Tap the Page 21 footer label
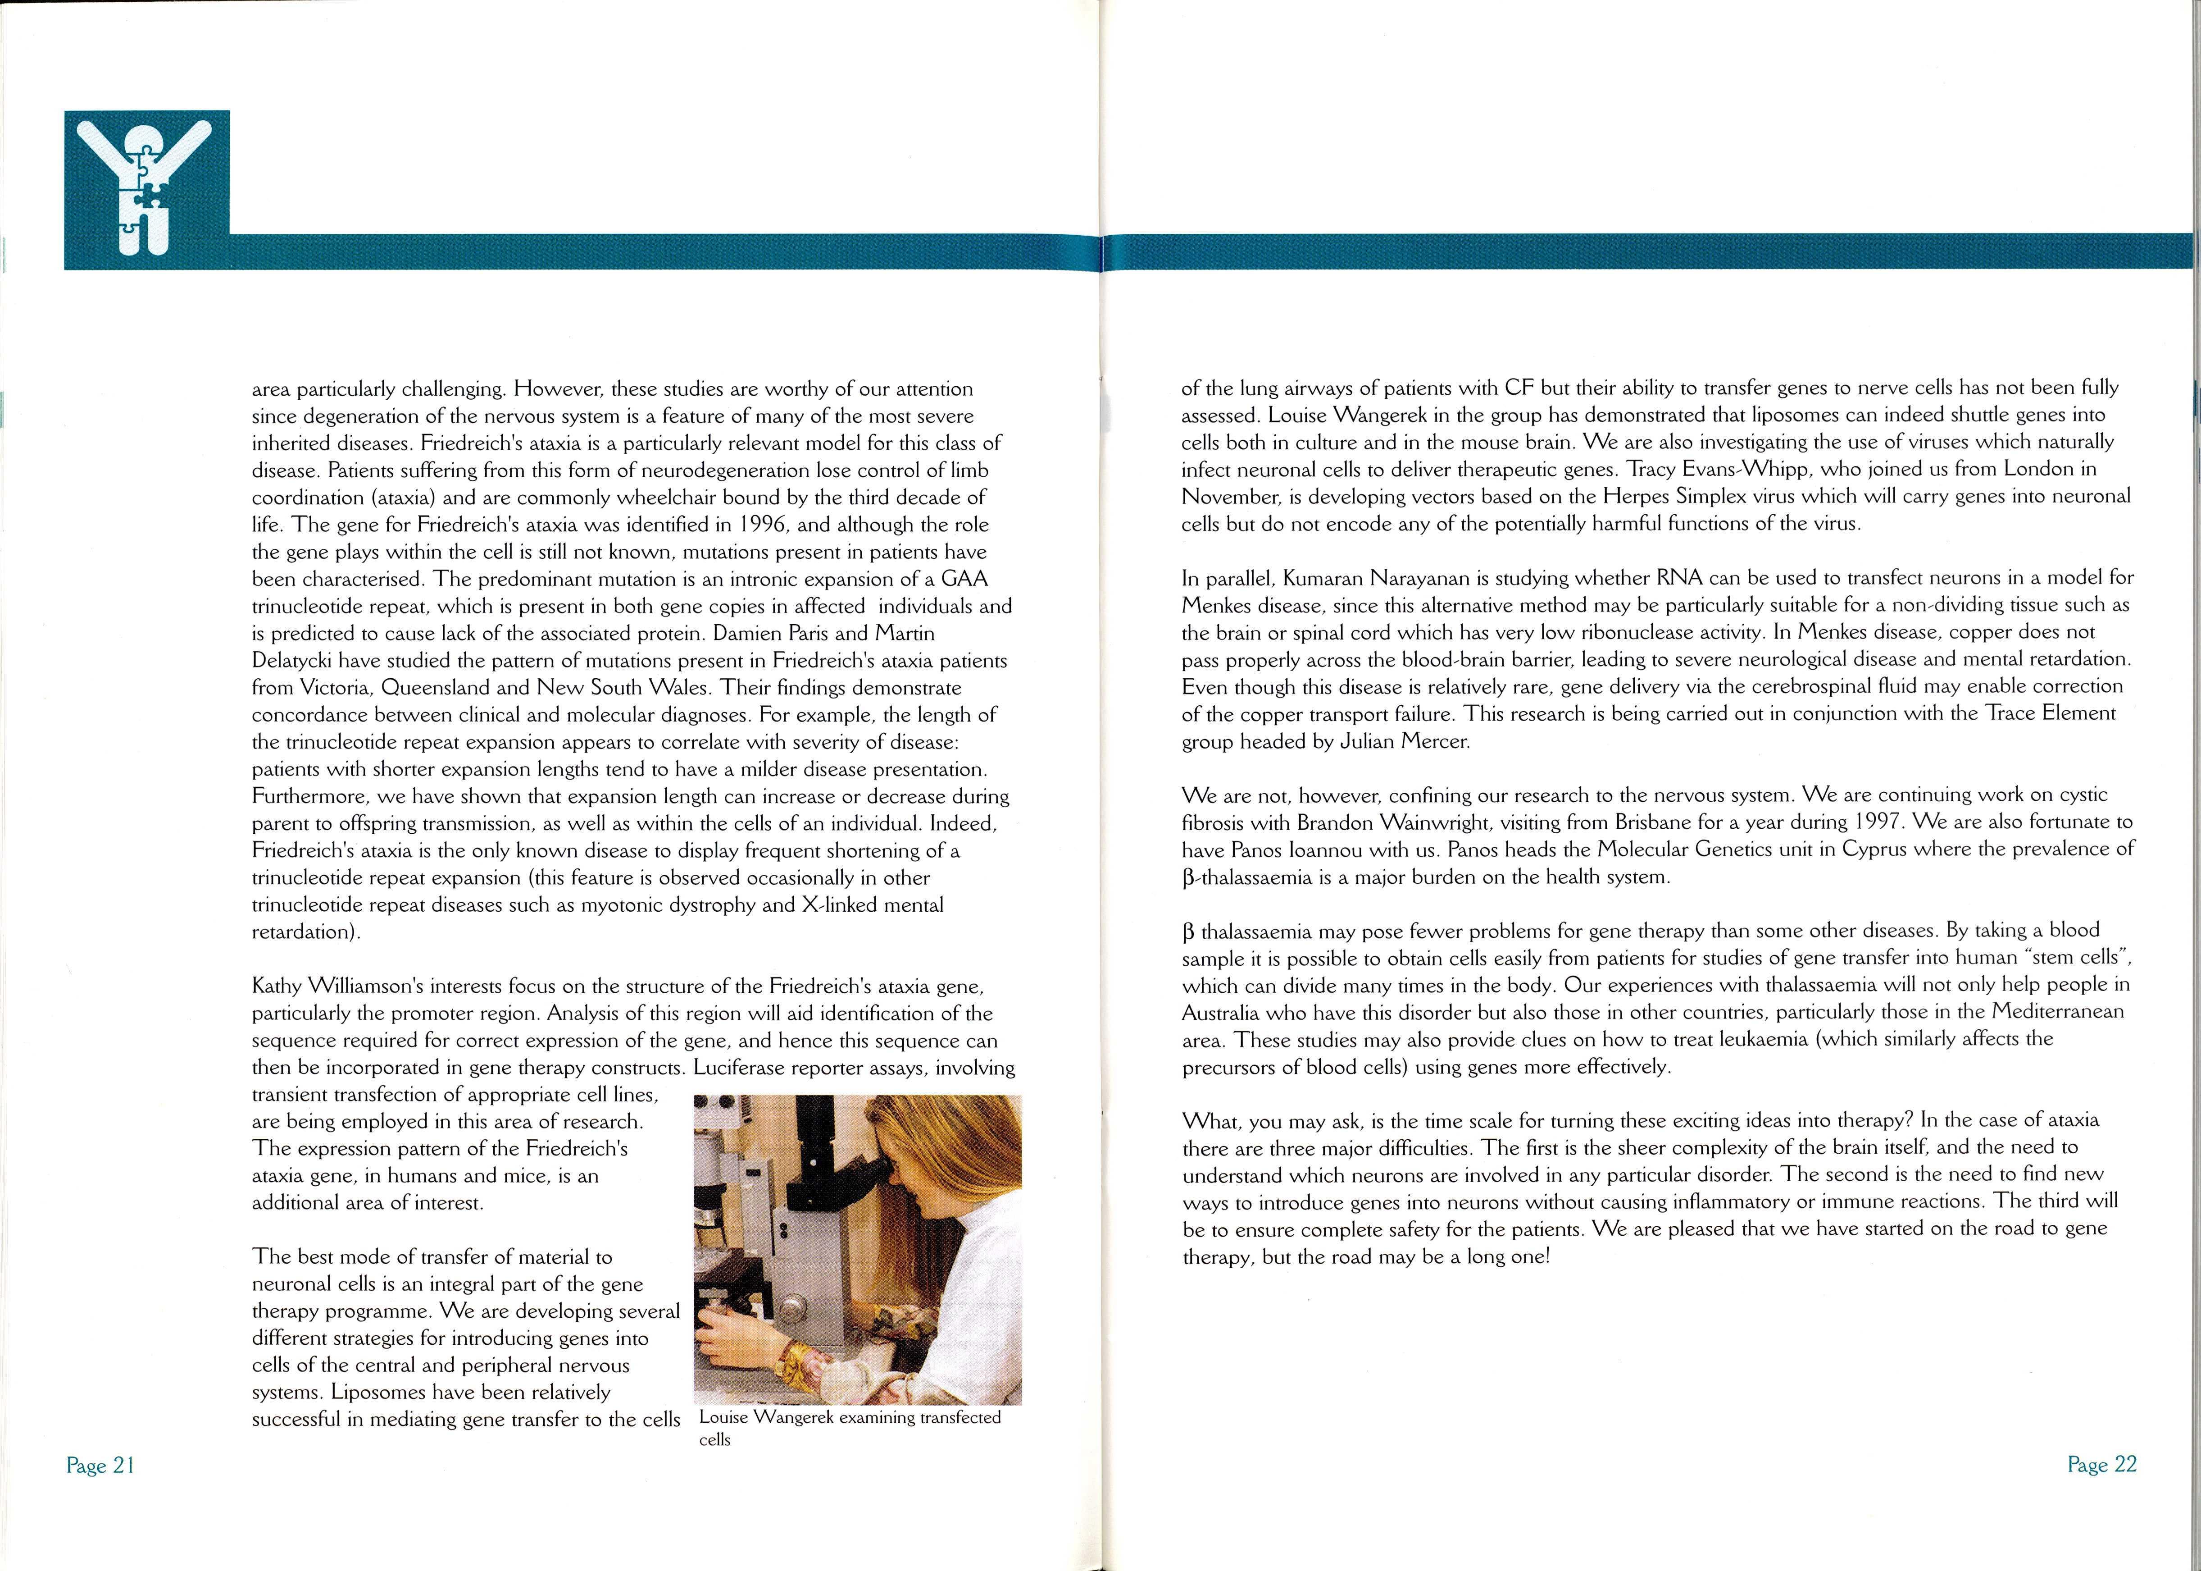100,1466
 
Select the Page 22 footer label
2101,1465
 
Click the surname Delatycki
295,661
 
